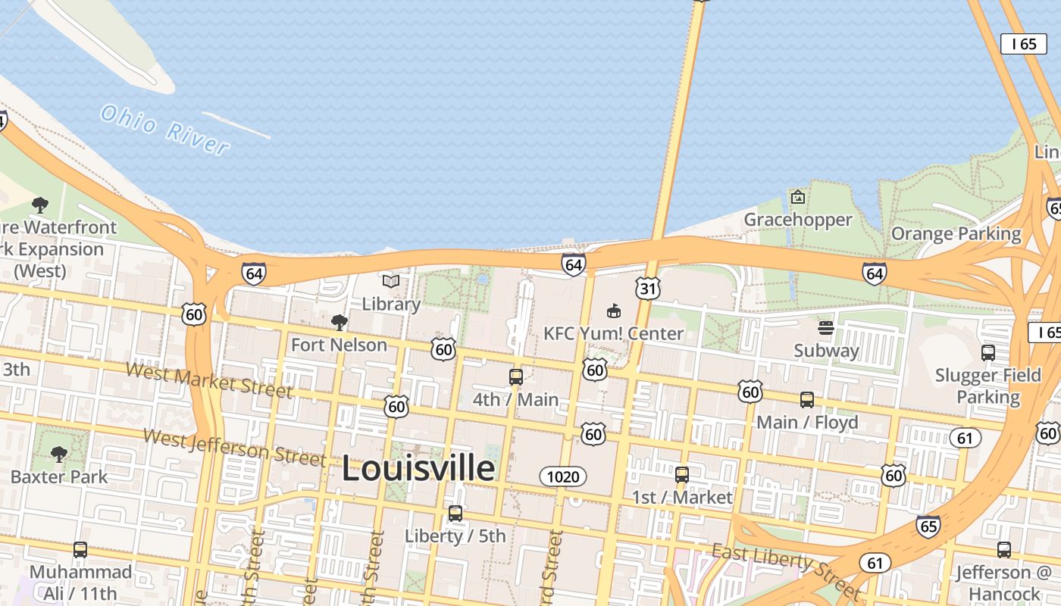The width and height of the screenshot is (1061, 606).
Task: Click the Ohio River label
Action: point(164,130)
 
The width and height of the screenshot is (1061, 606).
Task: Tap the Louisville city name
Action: point(418,468)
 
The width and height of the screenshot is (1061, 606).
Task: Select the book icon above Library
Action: point(391,282)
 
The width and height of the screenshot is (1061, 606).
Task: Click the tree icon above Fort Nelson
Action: point(340,323)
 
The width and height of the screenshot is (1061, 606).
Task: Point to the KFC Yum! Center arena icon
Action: point(614,311)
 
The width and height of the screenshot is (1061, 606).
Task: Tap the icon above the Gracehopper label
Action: point(798,198)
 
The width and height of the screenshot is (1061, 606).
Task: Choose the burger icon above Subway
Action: point(826,328)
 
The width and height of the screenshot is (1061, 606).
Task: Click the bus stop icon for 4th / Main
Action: point(516,376)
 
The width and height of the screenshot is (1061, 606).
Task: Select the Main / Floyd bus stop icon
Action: point(807,399)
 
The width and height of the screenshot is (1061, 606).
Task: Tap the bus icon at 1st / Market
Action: point(682,475)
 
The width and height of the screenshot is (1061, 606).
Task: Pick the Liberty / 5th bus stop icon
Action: point(455,513)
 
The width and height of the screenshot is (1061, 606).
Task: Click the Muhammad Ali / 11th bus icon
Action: point(80,549)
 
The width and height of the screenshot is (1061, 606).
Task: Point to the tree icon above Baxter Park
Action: point(59,454)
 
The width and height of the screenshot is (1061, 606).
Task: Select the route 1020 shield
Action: point(563,476)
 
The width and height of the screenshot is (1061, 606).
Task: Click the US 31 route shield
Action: point(648,288)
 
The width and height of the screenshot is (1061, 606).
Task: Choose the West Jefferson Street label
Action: point(235,448)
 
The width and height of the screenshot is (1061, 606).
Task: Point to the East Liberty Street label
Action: point(787,569)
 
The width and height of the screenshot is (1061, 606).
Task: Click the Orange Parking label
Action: point(956,233)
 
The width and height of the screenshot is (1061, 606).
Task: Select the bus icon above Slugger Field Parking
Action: point(988,352)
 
